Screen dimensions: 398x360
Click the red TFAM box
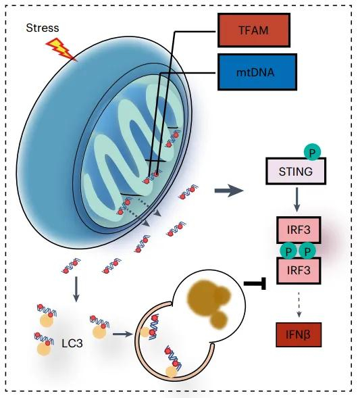tap(253, 30)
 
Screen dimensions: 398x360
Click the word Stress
tap(41, 28)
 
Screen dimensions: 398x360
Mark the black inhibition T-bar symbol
tap(253, 284)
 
